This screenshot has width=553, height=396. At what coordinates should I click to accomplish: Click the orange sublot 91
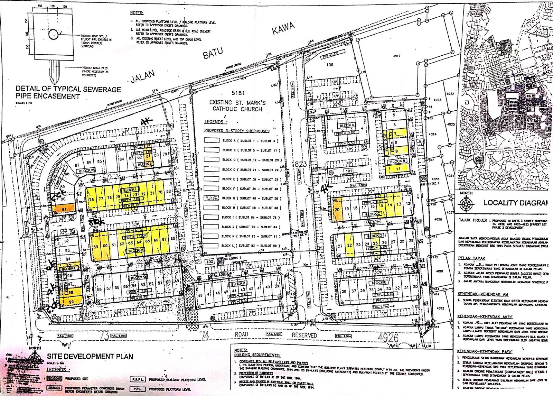68,209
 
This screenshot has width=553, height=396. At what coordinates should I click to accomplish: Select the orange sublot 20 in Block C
337,209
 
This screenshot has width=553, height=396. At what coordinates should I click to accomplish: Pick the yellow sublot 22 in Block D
350,246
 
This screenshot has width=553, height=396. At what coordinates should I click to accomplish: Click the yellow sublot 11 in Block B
398,169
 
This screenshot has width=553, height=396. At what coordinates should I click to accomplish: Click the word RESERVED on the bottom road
304,335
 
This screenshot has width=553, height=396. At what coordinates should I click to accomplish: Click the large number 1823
299,164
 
